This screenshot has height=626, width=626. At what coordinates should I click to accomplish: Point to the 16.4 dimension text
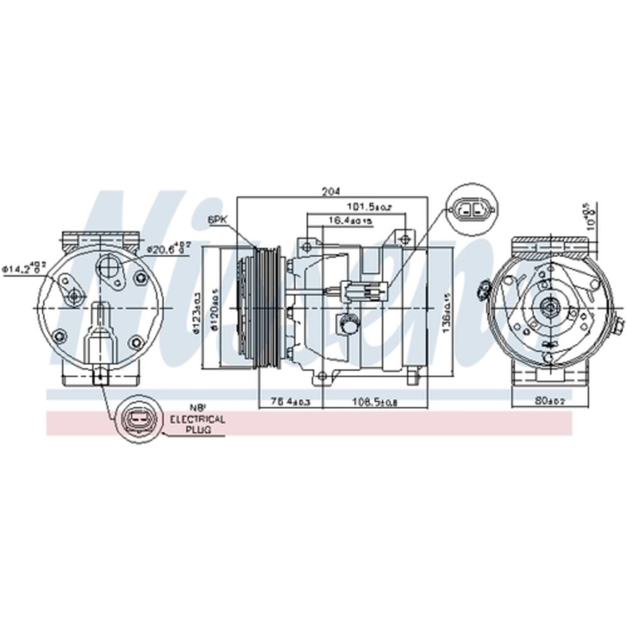point(349,220)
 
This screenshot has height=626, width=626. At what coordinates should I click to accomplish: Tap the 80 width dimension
point(550,400)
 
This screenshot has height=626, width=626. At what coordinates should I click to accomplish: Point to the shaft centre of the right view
point(550,306)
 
